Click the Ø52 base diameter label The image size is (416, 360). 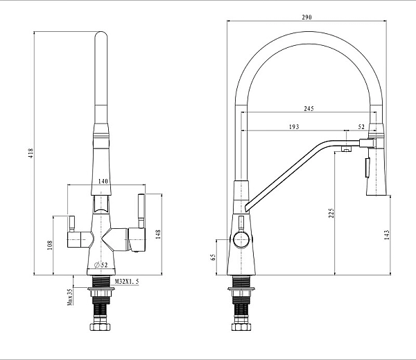click(100, 265)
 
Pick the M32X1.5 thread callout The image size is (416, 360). click(127, 282)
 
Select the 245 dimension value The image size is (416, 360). click(308, 108)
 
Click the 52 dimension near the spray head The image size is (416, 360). click(362, 127)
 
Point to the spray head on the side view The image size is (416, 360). click(374, 166)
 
